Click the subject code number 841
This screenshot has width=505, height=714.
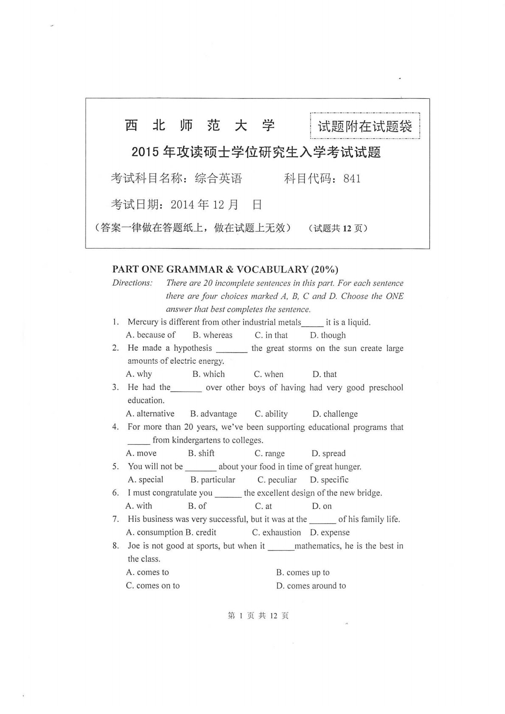point(352,179)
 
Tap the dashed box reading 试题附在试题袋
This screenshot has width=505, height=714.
point(365,126)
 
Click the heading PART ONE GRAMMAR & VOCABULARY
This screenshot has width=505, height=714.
point(225,269)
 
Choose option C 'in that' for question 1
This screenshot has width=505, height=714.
point(271,335)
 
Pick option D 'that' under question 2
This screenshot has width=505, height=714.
point(325,374)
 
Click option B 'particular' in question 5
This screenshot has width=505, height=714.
point(213,480)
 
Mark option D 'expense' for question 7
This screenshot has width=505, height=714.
point(330,532)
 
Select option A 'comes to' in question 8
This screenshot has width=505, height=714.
point(148,572)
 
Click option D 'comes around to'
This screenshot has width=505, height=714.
point(311,586)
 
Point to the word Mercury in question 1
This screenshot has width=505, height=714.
point(143,322)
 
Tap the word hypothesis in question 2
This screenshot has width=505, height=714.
point(193,348)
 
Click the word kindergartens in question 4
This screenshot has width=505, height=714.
point(197,440)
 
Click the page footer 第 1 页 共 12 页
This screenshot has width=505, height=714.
point(258,616)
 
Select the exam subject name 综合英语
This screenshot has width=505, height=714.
point(218,179)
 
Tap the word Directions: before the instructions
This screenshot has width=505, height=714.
point(132,283)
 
